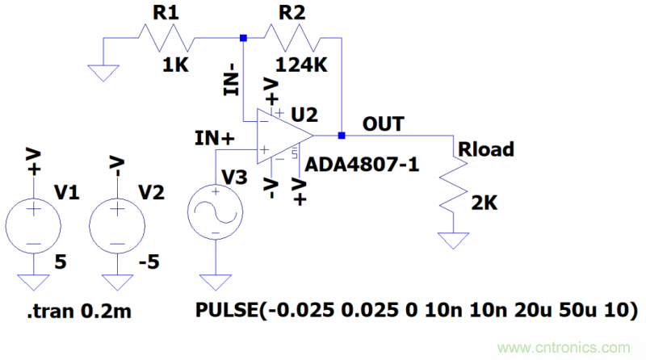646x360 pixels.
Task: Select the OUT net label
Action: click(383, 123)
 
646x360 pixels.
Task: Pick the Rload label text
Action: click(485, 149)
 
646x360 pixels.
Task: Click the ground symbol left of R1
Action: click(102, 73)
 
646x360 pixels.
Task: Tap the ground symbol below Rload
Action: click(453, 240)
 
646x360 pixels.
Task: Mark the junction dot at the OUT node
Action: click(342, 135)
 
